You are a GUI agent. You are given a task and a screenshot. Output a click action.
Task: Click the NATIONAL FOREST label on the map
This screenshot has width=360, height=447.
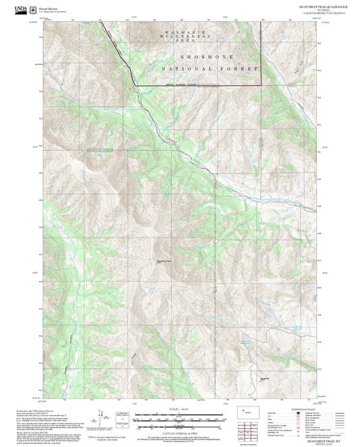click(209, 69)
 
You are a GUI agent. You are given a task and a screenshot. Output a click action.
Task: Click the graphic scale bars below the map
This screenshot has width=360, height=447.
click(179, 419)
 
